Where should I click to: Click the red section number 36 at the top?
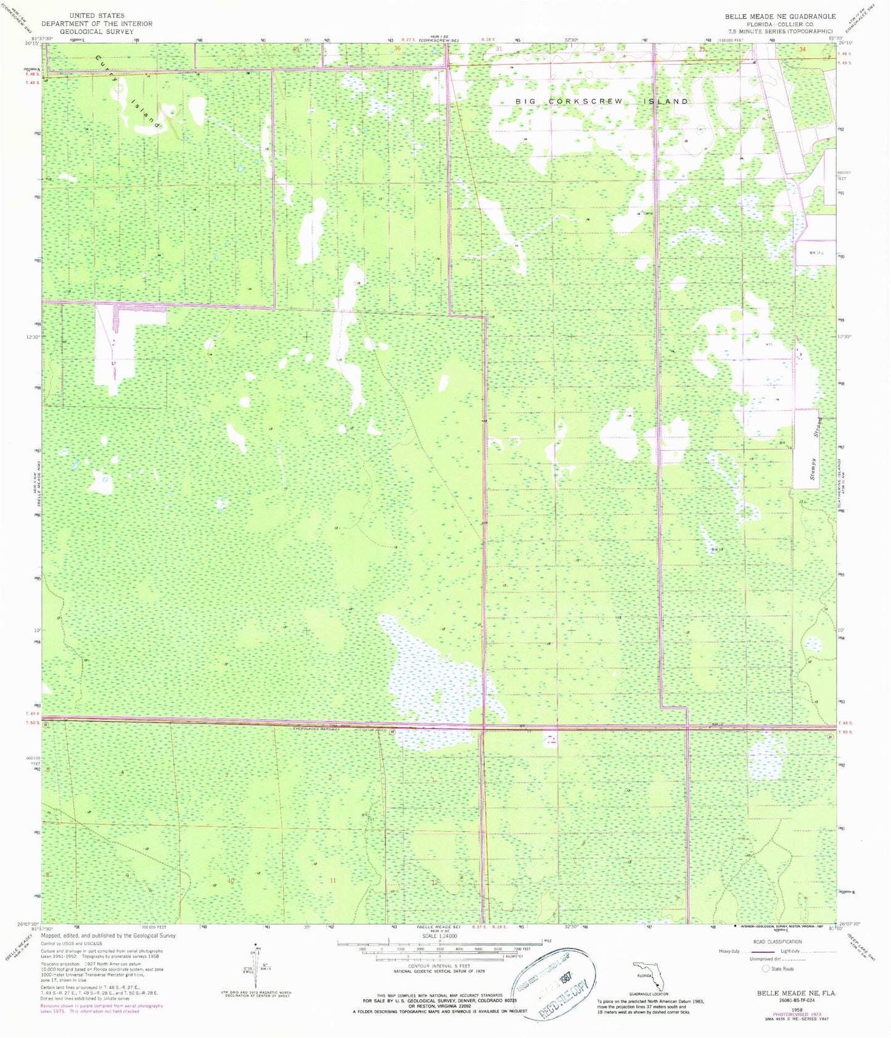397,48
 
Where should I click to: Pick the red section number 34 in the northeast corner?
802,49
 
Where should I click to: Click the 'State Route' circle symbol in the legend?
766,969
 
